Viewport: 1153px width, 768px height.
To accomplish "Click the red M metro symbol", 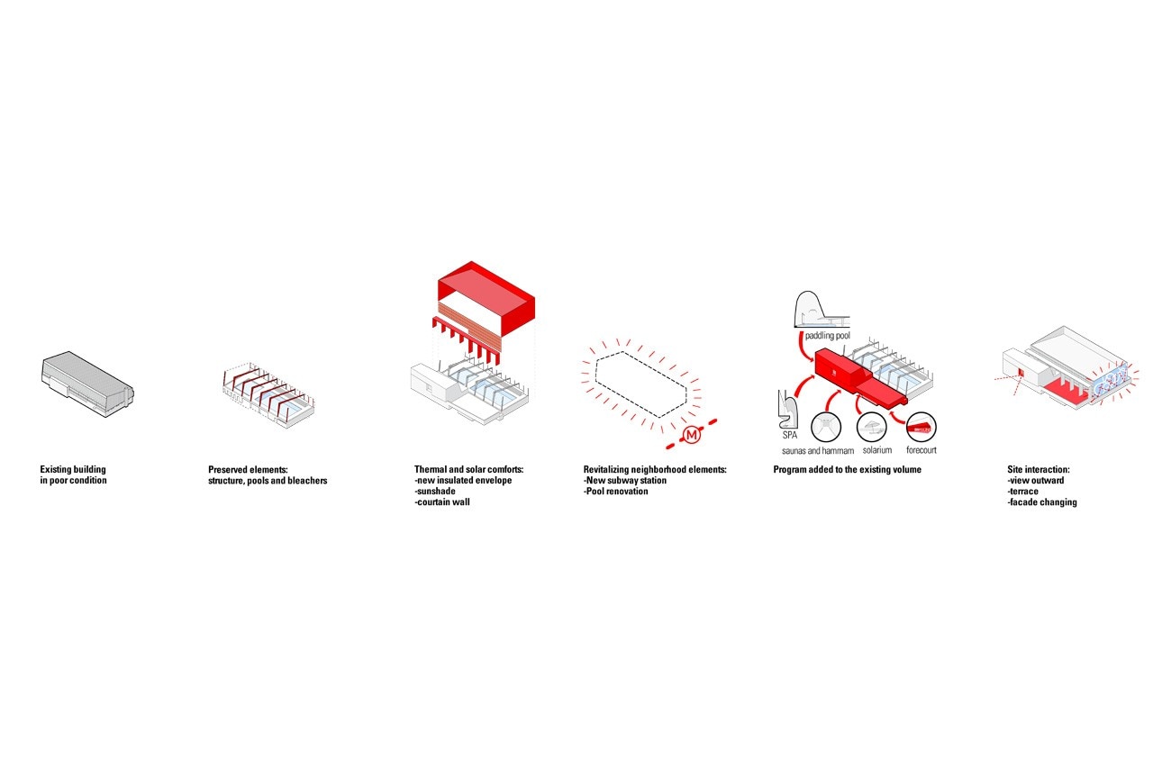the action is pyautogui.click(x=691, y=435).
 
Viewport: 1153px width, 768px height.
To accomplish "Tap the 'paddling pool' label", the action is pyautogui.click(x=828, y=336).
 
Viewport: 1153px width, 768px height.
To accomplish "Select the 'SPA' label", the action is pyautogui.click(x=790, y=435).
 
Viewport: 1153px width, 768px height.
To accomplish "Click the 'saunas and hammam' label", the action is pyautogui.click(x=818, y=451).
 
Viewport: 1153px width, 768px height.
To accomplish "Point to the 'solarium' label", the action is pyautogui.click(x=877, y=450).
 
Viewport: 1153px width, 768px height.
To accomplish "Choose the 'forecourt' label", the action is pyautogui.click(x=921, y=450).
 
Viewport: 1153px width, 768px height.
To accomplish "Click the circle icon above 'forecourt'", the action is pyautogui.click(x=921, y=427).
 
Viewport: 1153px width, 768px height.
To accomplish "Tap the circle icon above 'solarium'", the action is pyautogui.click(x=872, y=427).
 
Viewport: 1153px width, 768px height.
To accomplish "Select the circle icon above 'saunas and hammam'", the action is pyautogui.click(x=826, y=427).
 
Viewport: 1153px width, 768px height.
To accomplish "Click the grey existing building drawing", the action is pyautogui.click(x=87, y=384).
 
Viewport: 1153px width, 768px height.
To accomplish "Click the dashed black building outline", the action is pyautogui.click(x=640, y=384).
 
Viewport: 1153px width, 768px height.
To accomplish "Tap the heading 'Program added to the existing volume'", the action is pyautogui.click(x=848, y=469).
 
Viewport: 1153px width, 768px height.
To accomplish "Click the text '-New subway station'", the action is pyautogui.click(x=625, y=480).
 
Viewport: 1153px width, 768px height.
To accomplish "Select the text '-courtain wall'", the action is pyautogui.click(x=442, y=501).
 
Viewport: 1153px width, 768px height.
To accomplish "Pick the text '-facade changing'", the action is pyautogui.click(x=1042, y=501).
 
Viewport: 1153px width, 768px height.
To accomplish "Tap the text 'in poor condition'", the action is pyautogui.click(x=74, y=480).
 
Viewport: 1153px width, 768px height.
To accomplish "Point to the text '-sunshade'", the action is pyautogui.click(x=435, y=491).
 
